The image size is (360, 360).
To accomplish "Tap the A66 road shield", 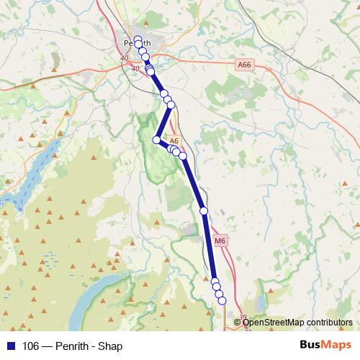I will (245, 65).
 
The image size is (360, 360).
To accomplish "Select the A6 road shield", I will (174, 141).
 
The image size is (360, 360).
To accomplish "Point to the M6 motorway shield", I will (220, 240).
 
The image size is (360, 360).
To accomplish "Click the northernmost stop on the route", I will (138, 39).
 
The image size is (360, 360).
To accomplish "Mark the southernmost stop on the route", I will (222, 300).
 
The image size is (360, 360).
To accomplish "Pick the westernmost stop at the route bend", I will (156, 140).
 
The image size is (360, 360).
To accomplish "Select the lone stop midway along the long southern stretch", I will (204, 210).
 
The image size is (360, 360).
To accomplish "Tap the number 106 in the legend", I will (31, 346).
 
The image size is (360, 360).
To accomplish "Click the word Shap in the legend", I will (111, 346).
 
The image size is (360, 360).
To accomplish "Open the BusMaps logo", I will (324, 346).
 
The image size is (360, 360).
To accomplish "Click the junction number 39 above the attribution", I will (243, 317).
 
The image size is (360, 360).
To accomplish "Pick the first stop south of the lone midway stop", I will (215, 282).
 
